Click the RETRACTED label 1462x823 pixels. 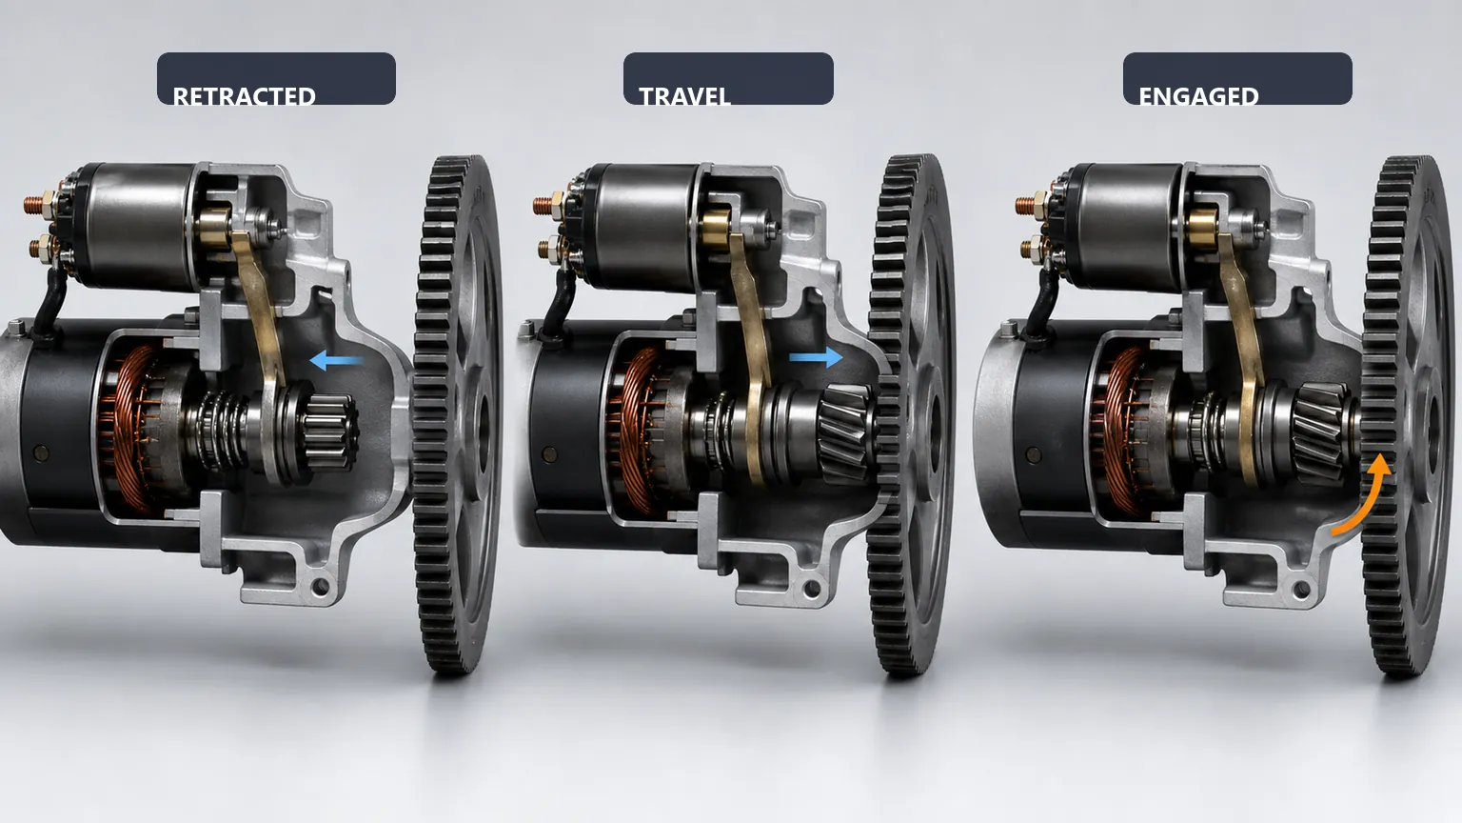(244, 96)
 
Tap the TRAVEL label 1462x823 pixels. (684, 96)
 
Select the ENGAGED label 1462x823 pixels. (1198, 96)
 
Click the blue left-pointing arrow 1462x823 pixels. (336, 360)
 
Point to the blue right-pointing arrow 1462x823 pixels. (816, 357)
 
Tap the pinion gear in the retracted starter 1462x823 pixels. (329, 432)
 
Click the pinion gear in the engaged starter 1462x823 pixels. (1322, 432)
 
